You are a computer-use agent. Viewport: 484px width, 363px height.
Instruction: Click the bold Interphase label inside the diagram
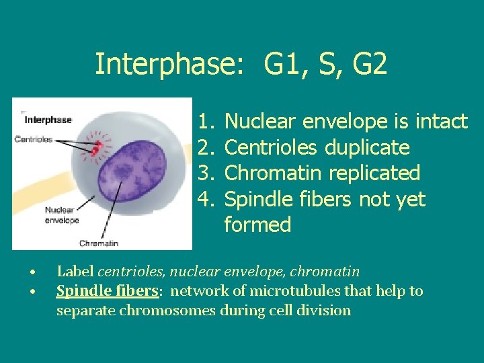coord(48,120)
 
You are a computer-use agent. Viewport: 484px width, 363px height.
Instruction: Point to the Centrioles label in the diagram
coord(34,139)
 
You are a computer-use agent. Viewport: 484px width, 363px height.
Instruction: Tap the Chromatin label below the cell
coord(99,243)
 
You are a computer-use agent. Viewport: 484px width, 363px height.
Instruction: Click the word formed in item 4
coord(257,225)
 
